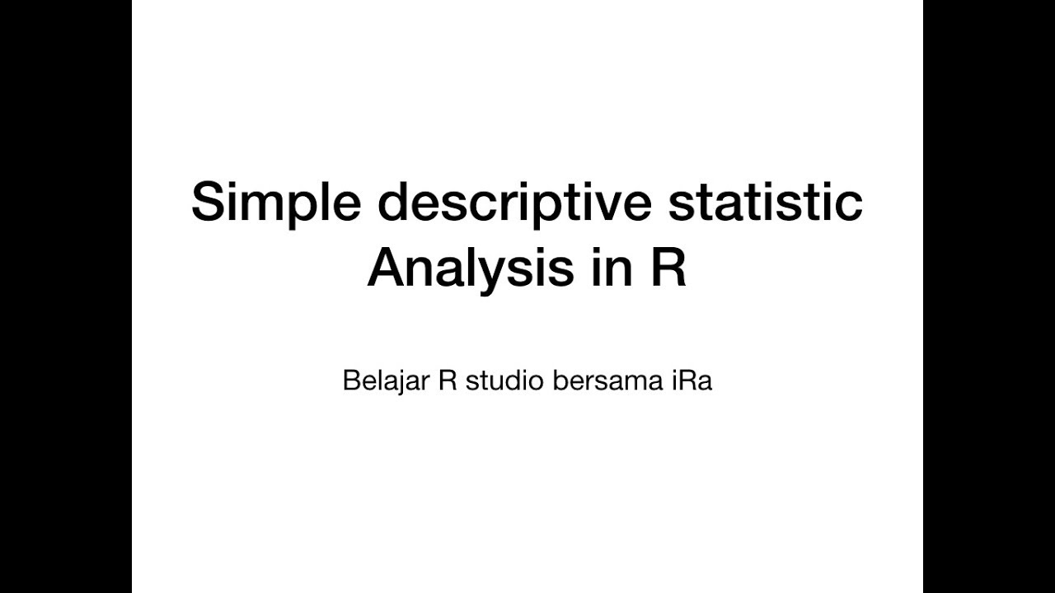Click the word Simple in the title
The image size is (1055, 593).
click(x=275, y=204)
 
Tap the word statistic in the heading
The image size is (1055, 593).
click(x=765, y=203)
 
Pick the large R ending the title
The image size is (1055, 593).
click(x=668, y=268)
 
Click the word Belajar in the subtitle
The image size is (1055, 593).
click(x=384, y=382)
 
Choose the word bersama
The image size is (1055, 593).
click(x=603, y=382)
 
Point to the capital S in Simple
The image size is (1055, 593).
click(x=209, y=203)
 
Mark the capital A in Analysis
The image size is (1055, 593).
click(x=388, y=268)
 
